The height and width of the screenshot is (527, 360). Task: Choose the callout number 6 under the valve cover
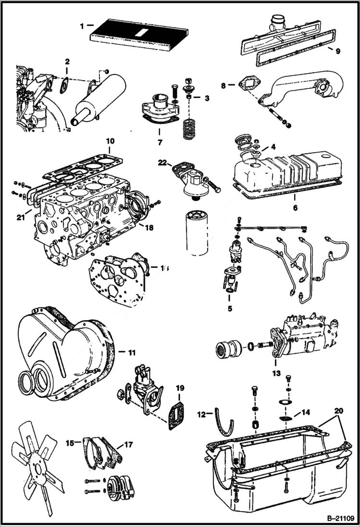tap(295, 208)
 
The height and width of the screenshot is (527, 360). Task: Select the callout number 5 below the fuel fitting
tap(230, 308)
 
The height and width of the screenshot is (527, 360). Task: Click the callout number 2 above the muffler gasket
tap(67, 61)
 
